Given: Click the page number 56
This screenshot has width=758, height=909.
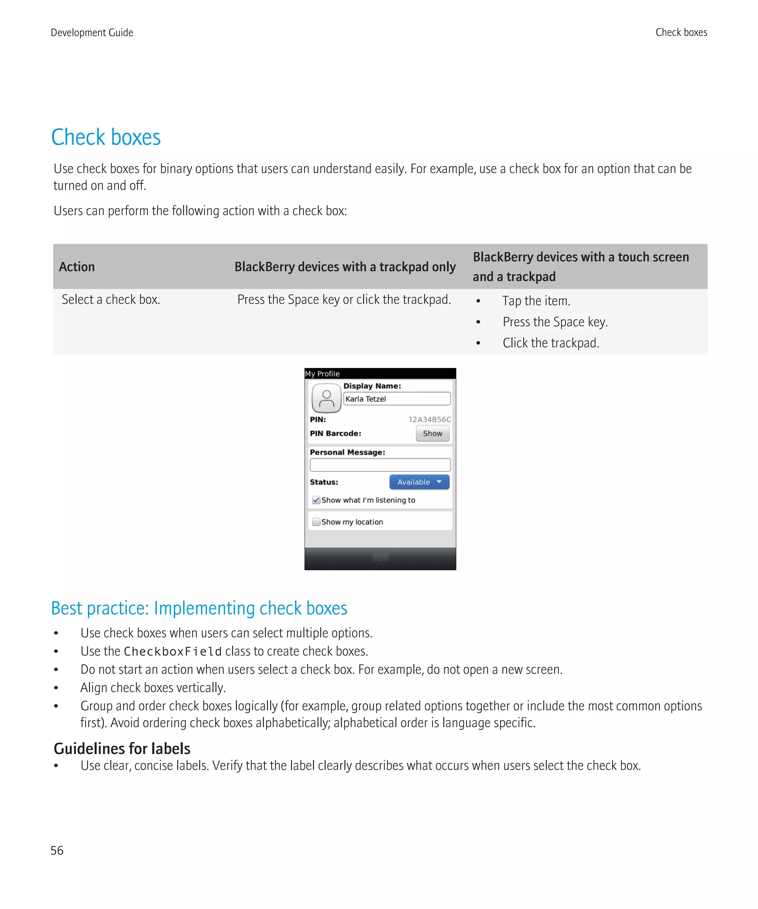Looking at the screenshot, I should (57, 851).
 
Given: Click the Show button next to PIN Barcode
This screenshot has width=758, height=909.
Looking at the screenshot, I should (432, 433).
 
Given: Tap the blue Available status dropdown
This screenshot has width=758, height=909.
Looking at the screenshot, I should (419, 482).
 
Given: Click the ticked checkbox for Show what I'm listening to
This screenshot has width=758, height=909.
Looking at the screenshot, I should (316, 500).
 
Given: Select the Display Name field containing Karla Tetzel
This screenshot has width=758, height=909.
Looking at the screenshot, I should (396, 399).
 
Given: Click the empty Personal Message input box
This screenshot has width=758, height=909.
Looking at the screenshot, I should (380, 465).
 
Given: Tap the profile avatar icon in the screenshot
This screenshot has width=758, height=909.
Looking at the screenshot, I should (326, 399).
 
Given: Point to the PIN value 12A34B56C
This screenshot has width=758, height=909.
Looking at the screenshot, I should (429, 419).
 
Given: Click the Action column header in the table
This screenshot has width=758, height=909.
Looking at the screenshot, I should (77, 267).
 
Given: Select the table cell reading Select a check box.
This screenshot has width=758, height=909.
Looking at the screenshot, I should (111, 300).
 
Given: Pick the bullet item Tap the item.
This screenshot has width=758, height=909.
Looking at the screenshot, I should (536, 301).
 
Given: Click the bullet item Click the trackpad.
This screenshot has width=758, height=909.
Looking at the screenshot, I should (550, 343).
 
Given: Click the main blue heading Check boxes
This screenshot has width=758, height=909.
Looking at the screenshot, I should (106, 137).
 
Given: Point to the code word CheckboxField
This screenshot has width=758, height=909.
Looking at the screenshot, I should (172, 652).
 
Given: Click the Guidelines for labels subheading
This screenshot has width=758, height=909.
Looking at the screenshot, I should (122, 749).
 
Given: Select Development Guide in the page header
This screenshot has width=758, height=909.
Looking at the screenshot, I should (92, 33).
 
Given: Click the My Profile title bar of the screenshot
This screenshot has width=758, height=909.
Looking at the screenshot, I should (380, 374).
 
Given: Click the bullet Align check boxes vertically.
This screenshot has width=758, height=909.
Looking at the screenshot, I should (153, 687).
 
